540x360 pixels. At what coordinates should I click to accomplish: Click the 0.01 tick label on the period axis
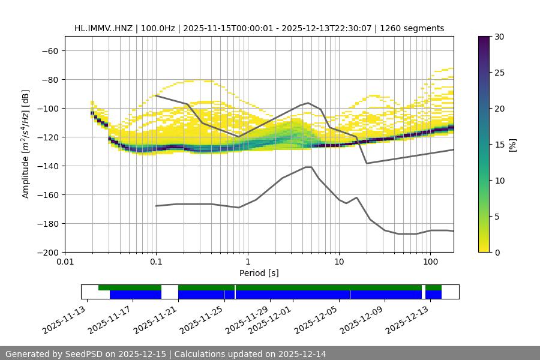65,262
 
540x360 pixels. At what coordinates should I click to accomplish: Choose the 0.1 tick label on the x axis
156,262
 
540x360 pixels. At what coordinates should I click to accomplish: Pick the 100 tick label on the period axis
430,262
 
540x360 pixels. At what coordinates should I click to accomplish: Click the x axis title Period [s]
259,273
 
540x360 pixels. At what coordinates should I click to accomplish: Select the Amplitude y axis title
26,144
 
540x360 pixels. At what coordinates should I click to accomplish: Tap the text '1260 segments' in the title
414,28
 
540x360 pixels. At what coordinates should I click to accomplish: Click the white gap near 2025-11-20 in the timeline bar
170,292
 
